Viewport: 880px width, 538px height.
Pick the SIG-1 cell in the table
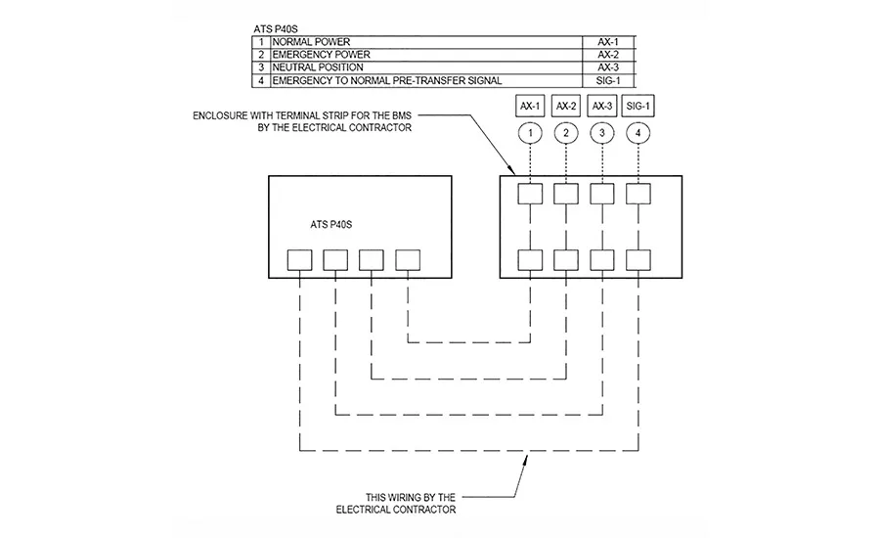coord(608,81)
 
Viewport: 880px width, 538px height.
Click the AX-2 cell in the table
coord(608,55)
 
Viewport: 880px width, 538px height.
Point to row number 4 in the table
coord(261,81)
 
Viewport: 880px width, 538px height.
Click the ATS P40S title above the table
coord(276,28)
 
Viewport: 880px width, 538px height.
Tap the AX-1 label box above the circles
coord(530,107)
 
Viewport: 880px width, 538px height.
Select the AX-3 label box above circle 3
coord(601,107)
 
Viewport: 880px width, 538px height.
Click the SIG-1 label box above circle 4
coord(638,107)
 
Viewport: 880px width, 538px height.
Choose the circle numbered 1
coord(530,133)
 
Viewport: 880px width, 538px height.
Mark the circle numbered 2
coord(566,133)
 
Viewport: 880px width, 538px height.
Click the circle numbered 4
coord(638,133)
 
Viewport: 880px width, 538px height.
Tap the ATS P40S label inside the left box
coord(331,225)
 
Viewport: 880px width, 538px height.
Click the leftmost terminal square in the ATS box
coord(300,260)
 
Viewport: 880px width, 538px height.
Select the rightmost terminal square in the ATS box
coord(408,260)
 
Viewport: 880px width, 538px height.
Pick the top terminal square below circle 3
coord(602,194)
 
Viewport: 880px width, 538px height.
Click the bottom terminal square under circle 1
coord(530,260)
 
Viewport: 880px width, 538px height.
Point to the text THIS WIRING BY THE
coord(411,498)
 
